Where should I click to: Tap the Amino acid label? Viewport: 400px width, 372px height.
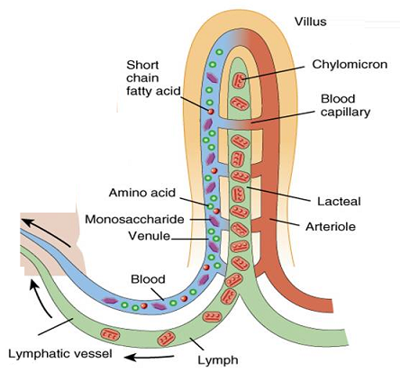pyautogui.click(x=139, y=192)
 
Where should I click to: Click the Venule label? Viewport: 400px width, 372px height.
pyautogui.click(x=147, y=239)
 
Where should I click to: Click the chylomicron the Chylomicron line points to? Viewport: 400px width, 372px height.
pyautogui.click(x=239, y=82)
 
